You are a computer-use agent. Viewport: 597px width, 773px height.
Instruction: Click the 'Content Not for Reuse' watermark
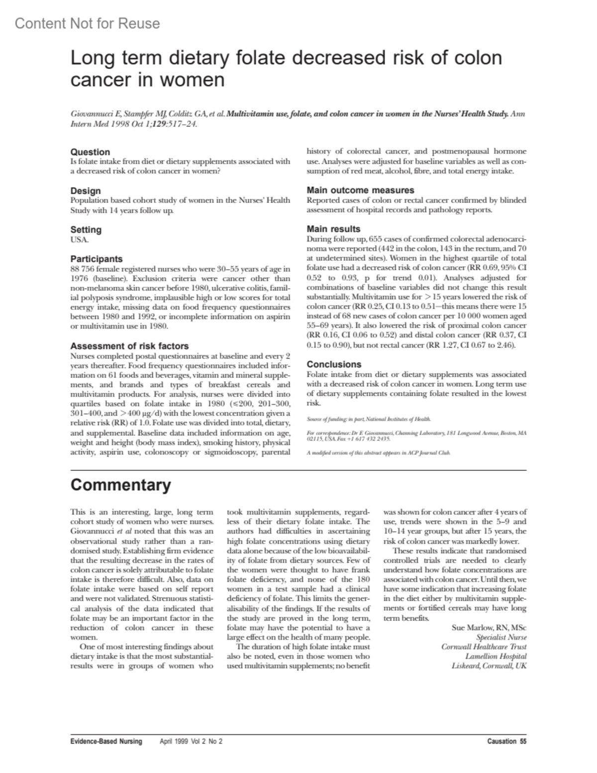[87, 23]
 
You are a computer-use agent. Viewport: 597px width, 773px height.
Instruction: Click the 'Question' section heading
[90, 152]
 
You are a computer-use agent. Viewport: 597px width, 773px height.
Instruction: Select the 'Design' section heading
[86, 191]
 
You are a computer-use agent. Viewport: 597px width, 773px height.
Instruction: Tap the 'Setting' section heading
[86, 229]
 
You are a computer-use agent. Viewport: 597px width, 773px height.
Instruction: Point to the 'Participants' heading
[96, 259]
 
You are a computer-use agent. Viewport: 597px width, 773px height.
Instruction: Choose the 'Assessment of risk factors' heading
[129, 346]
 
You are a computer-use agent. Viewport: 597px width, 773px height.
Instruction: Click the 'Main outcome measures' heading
[360, 190]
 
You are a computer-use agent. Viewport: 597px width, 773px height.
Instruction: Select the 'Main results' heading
[333, 229]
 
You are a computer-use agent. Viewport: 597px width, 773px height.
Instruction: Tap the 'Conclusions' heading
[334, 364]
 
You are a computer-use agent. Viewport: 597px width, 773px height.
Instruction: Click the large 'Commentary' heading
[120, 485]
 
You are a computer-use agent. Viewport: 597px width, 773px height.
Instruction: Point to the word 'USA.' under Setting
[79, 239]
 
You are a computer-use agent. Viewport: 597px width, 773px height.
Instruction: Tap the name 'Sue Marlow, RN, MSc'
[489, 627]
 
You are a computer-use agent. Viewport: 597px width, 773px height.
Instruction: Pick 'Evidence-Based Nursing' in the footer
[106, 742]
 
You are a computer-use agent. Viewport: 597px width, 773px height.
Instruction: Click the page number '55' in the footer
[523, 742]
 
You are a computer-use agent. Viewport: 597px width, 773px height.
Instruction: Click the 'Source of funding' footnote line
[369, 419]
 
